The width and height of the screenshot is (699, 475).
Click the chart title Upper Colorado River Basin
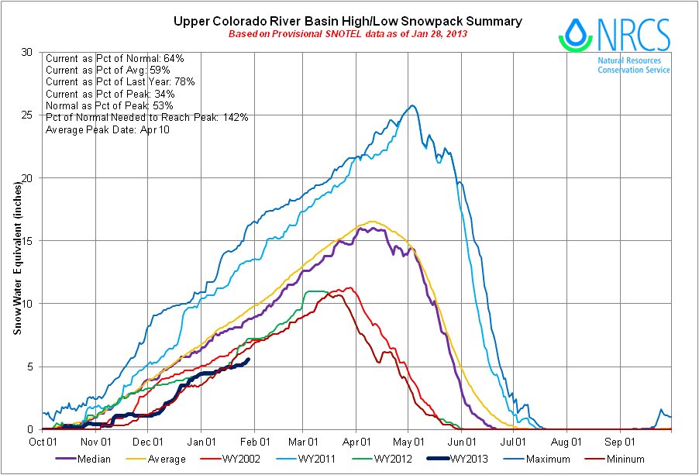(x=347, y=21)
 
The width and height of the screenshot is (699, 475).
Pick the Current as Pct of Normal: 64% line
(x=115, y=57)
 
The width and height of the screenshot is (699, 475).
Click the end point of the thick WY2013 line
(x=247, y=359)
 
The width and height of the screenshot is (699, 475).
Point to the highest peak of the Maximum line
(x=412, y=105)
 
